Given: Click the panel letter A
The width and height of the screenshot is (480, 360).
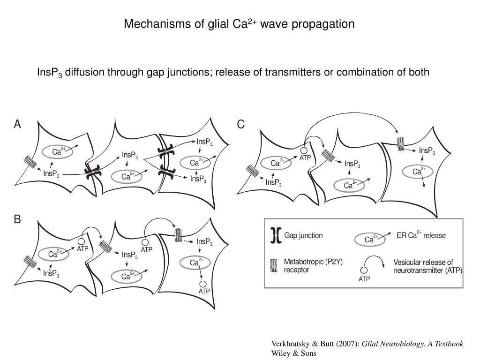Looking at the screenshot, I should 18,124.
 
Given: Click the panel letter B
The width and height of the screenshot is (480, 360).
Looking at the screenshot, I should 17,219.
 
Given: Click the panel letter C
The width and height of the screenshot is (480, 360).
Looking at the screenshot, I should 240,124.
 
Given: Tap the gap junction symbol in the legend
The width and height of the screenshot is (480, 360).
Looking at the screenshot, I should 275,236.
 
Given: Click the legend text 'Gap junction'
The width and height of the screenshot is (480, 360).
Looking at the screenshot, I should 303,235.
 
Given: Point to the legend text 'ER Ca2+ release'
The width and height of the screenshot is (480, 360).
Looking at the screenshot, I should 421,235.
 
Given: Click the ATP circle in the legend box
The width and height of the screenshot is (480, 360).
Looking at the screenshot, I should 364,270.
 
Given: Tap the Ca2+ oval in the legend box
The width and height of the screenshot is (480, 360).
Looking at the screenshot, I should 369,240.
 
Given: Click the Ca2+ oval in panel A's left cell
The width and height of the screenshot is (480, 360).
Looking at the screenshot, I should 59,151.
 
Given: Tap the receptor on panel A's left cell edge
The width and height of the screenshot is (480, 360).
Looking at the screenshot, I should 30,163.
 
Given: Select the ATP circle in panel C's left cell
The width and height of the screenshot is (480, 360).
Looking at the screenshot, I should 304,150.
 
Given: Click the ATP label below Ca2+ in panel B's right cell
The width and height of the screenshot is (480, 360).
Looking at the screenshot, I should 204,291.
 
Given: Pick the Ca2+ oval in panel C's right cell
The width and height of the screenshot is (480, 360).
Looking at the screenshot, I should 416,172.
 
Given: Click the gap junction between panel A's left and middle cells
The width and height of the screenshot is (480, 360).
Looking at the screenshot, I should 92,172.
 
